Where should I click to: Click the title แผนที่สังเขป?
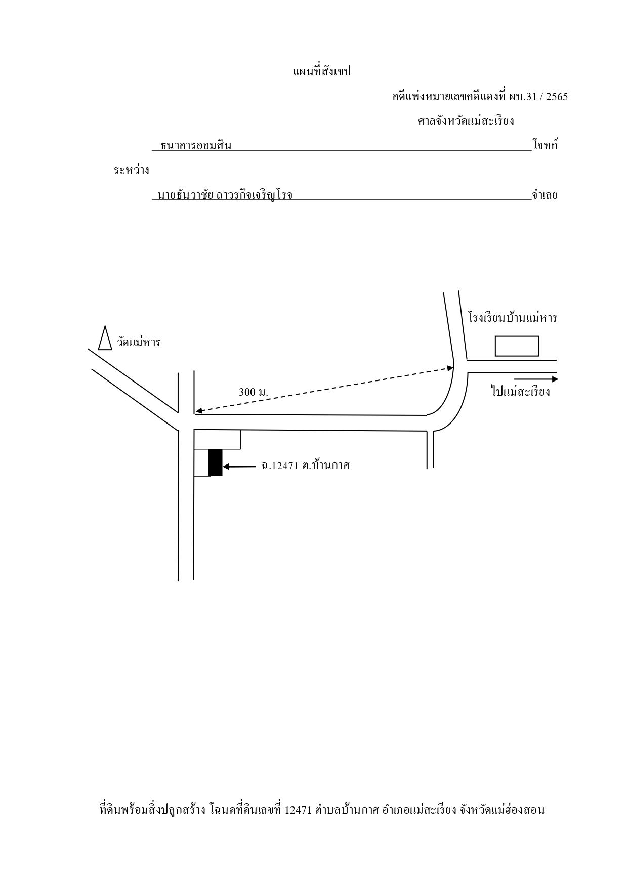(322, 72)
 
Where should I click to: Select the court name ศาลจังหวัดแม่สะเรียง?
(466, 121)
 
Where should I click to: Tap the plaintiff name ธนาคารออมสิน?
(196, 146)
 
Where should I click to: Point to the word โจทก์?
(545, 145)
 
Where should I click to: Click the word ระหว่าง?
(132, 171)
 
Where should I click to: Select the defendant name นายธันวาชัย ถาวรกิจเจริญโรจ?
(225, 195)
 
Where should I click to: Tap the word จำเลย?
(545, 195)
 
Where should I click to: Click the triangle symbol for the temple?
(105, 337)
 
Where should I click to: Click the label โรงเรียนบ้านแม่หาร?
(512, 318)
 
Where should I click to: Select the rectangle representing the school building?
(517, 346)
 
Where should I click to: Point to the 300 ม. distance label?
(254, 392)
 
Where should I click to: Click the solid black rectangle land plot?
(216, 462)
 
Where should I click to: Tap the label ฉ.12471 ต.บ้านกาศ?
(305, 466)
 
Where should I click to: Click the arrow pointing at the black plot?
(239, 467)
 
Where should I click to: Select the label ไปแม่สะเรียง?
(521, 391)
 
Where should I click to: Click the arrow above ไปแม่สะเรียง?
(536, 378)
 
